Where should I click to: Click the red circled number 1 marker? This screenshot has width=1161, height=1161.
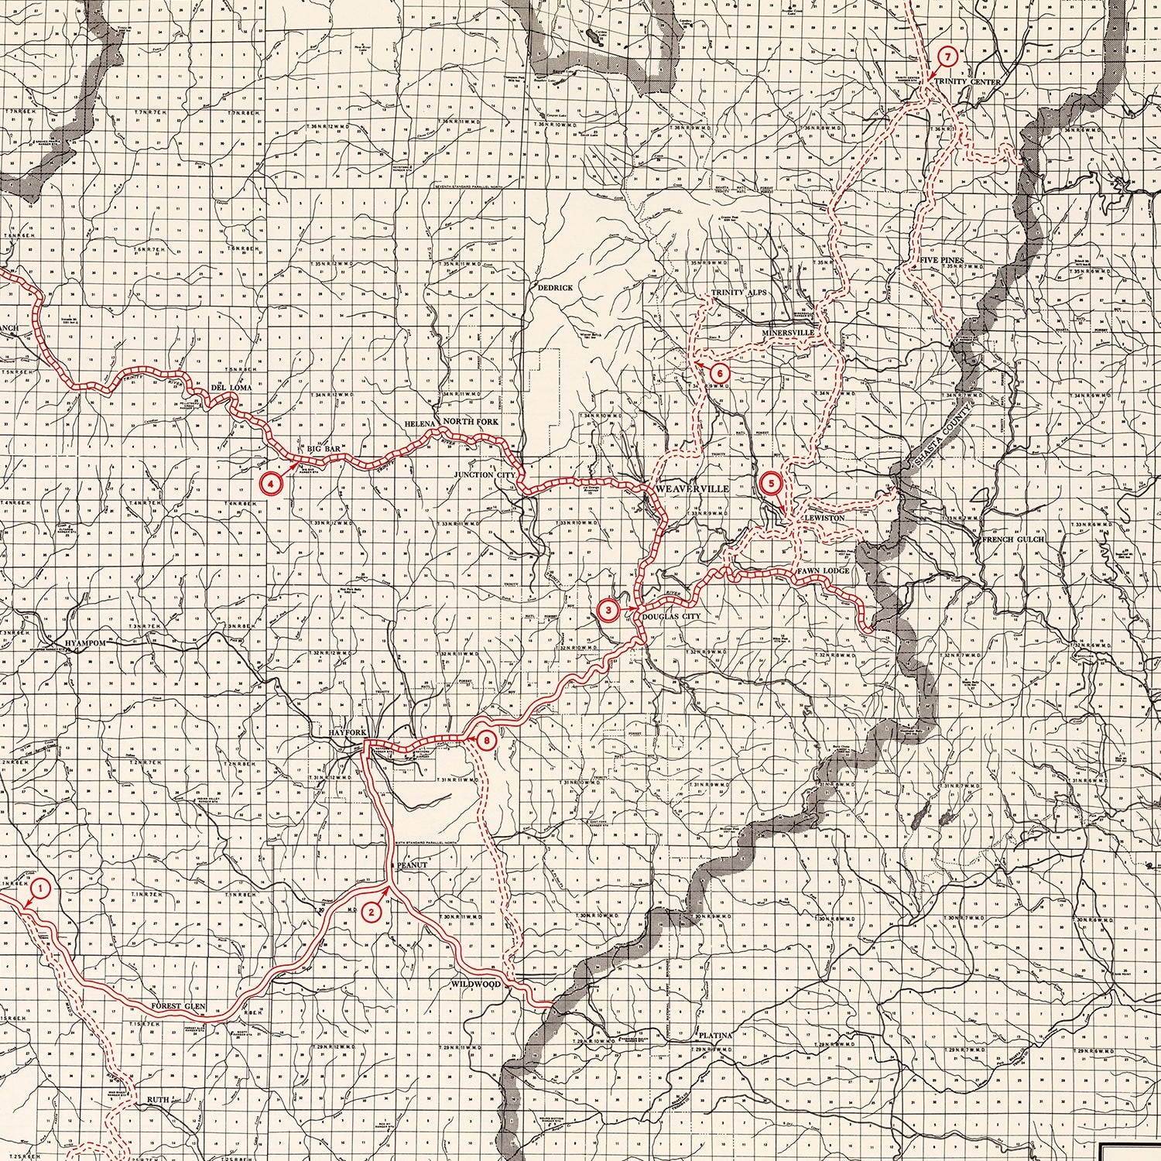pos(41,889)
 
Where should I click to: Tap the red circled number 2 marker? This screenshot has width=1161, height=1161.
pos(372,912)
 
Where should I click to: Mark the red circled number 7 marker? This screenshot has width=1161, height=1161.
pos(949,57)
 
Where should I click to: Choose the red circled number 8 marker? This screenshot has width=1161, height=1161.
pos(486,741)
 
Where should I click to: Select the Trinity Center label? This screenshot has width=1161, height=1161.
pos(967,82)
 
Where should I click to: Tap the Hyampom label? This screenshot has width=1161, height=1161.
pos(85,642)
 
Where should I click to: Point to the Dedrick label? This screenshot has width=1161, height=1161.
pos(555,287)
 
